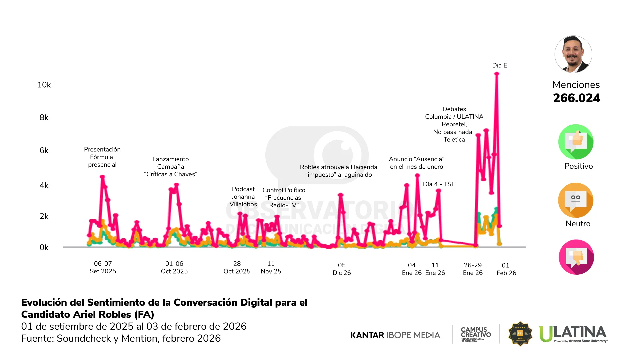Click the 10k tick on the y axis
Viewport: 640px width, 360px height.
[44, 85]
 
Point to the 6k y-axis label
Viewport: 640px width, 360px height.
[44, 151]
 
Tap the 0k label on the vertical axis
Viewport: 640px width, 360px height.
[44, 248]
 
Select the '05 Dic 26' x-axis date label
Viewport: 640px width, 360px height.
[342, 269]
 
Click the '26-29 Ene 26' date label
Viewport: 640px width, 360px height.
[473, 269]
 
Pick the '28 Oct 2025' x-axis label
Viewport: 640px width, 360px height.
[237, 267]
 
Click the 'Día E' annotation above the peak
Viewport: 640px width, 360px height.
[499, 66]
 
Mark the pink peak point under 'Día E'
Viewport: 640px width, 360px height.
[497, 74]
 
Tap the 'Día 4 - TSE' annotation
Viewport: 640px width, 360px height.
[439, 184]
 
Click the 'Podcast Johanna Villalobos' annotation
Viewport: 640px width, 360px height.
[243, 197]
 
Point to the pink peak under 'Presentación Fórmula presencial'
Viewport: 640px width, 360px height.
[102, 177]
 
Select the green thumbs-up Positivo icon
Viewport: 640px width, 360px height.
[576, 142]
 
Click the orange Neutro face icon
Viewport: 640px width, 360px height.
[576, 200]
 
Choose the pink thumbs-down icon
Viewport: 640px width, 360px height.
[576, 257]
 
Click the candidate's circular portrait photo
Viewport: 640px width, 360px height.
[573, 54]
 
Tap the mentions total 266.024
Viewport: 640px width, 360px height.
[576, 98]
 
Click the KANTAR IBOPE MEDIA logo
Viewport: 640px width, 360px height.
[395, 335]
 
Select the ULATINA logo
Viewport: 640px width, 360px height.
[573, 334]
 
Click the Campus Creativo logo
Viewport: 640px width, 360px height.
[476, 334]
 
